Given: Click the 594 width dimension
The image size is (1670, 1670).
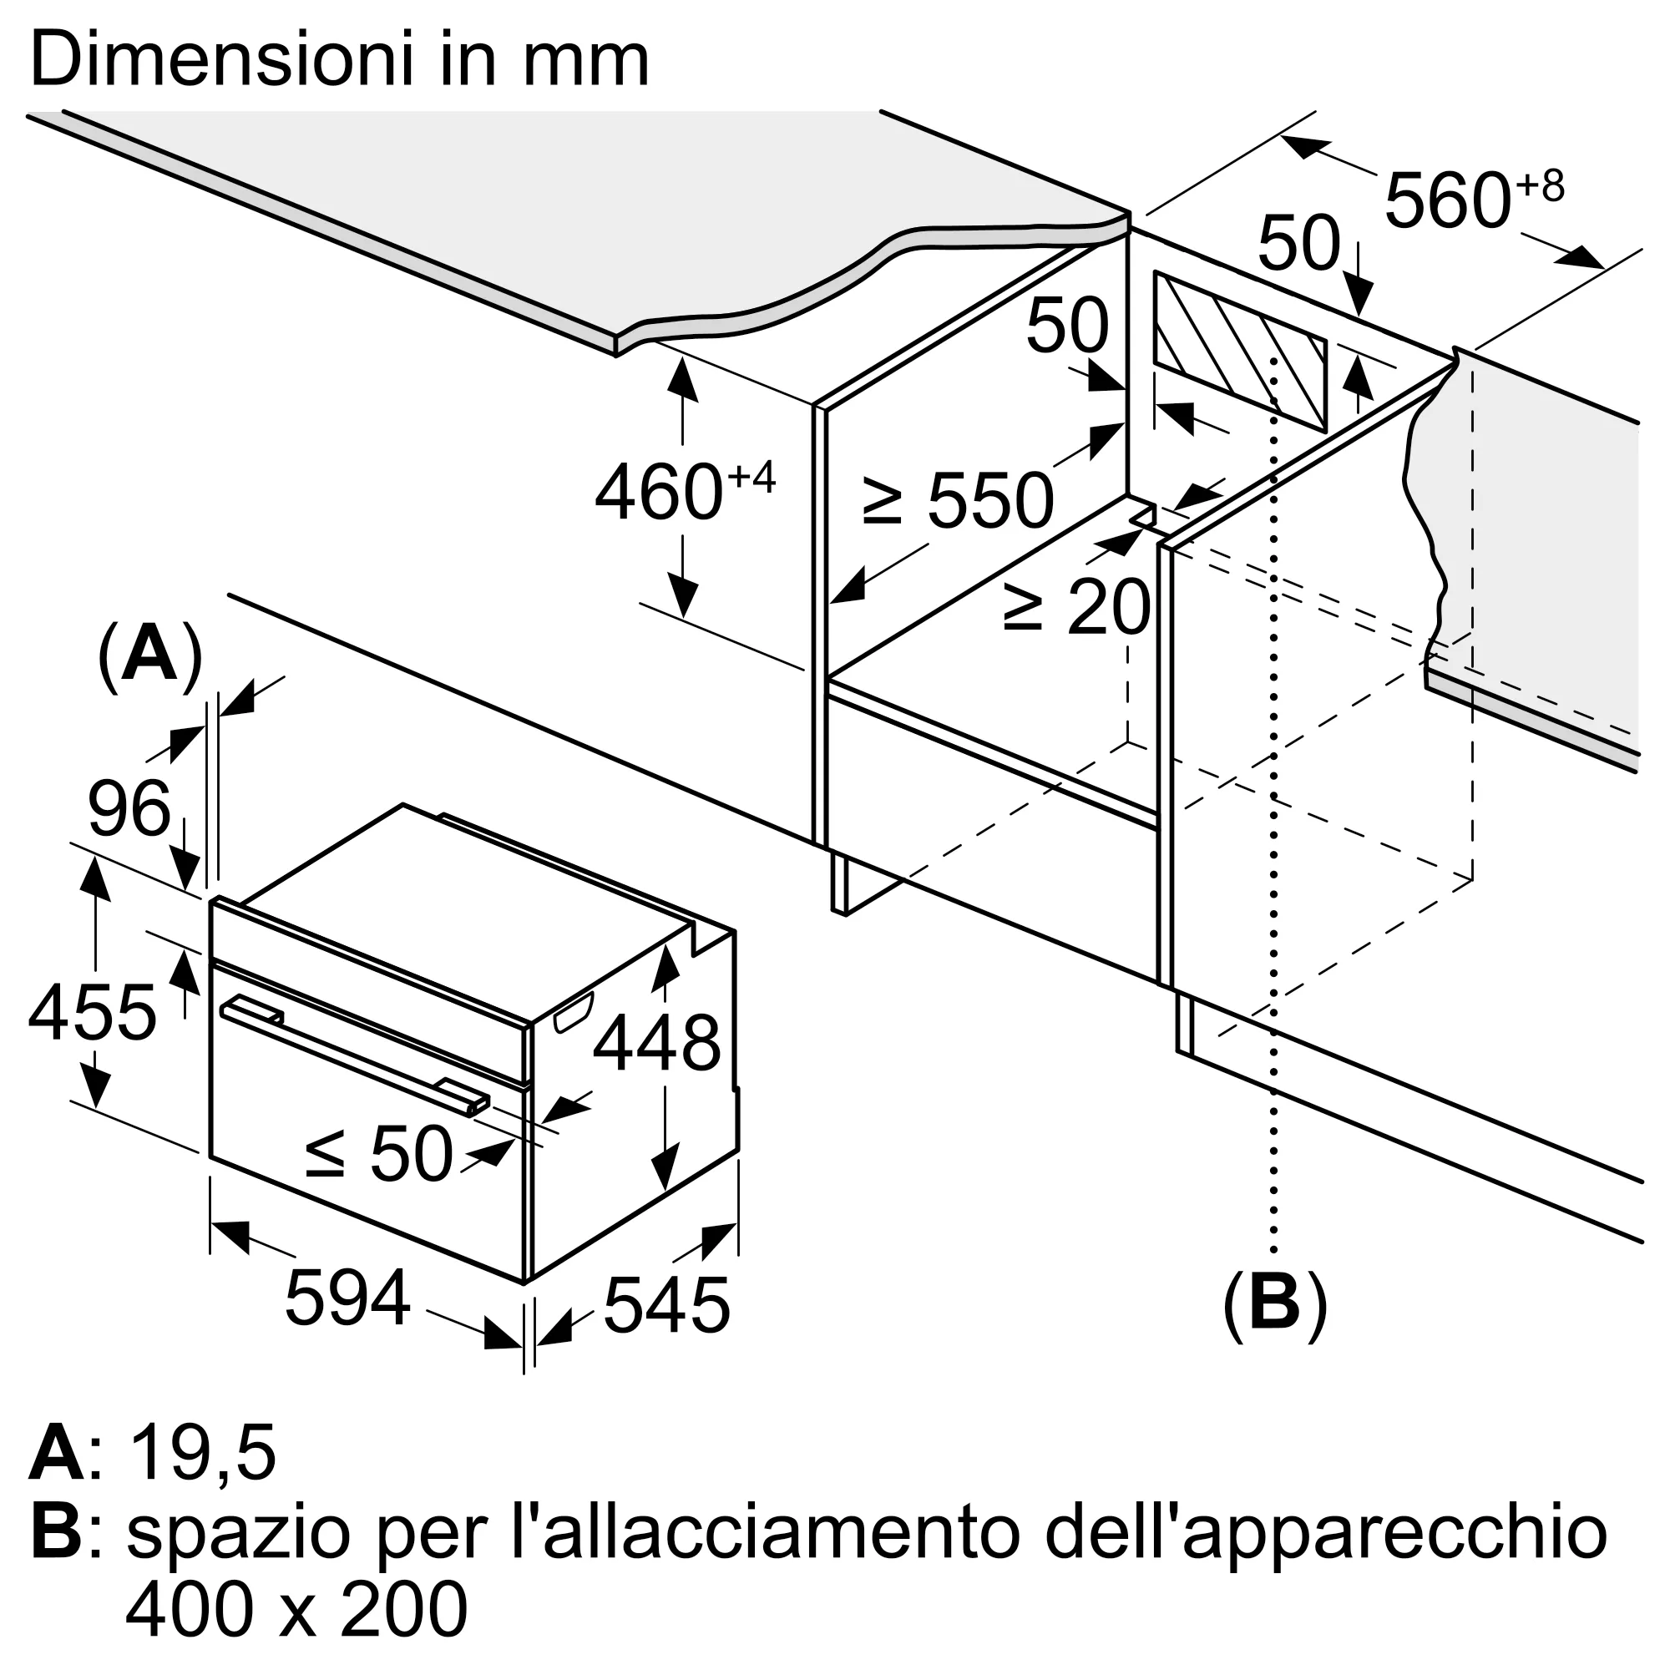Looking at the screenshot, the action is point(347,1298).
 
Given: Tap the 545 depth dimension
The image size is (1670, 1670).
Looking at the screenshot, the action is point(666,1305).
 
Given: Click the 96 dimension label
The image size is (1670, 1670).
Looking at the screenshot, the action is point(129,808).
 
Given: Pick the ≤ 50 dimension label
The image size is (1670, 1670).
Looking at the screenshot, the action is point(379,1153).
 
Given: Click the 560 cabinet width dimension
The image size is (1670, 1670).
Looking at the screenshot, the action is point(1475,199).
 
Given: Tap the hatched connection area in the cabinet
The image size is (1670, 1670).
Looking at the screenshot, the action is point(1241,352).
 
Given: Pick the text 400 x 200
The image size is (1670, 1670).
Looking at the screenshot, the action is point(296,1610).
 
